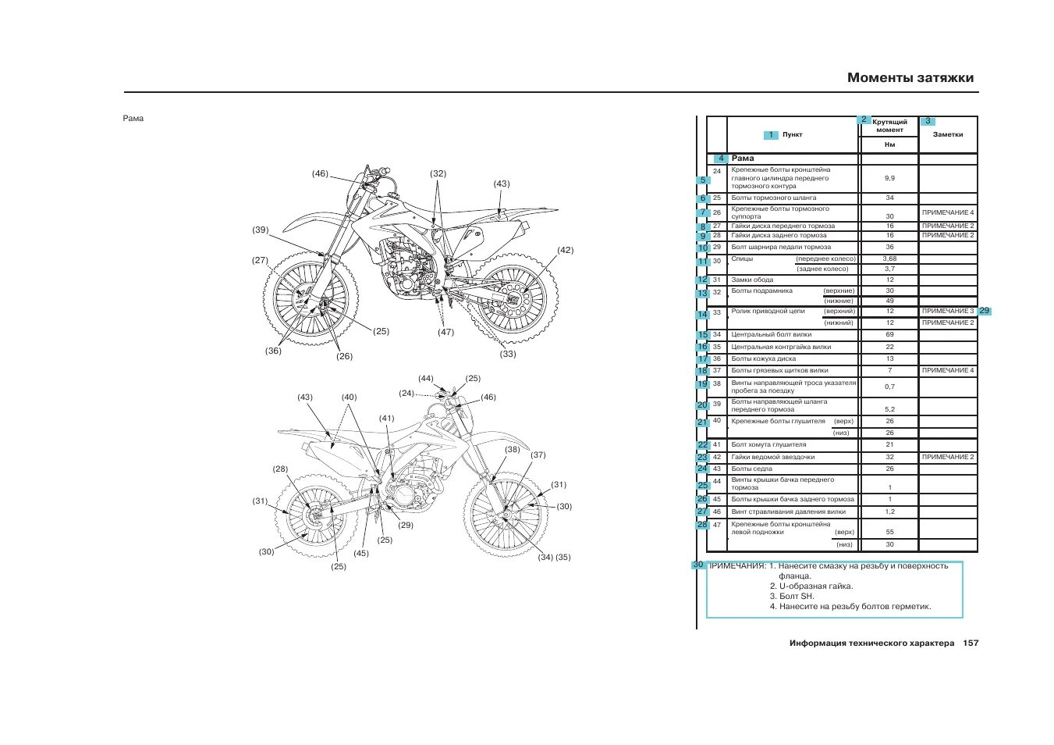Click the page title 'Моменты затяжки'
point(910,77)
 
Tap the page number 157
point(971,643)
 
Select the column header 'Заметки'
point(948,134)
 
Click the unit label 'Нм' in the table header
point(889,144)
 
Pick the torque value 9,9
point(889,178)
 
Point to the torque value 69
point(889,334)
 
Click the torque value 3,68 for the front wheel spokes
point(889,258)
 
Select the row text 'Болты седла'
point(752,469)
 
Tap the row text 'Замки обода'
point(752,280)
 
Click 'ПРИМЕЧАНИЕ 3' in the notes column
point(948,311)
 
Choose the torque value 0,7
point(889,387)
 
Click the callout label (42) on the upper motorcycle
point(565,251)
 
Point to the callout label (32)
point(438,174)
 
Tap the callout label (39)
point(260,230)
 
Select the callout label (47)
point(445,332)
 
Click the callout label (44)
point(425,379)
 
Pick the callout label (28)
point(280,469)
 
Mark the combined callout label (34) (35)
point(554,558)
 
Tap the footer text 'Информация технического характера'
point(871,643)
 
